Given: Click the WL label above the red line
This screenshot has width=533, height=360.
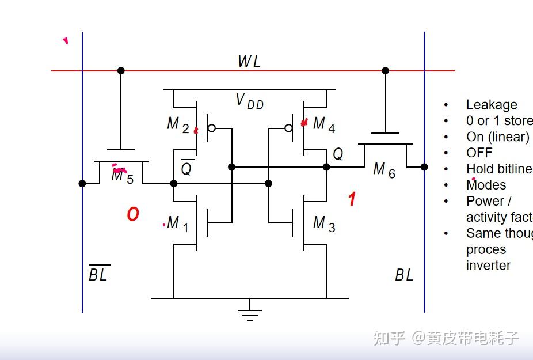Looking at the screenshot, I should [x=249, y=62].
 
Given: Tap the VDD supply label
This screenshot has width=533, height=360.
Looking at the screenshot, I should [x=249, y=101].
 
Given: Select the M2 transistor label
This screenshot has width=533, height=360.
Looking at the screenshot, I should [x=177, y=124].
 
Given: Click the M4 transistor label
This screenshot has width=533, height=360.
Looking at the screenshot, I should [x=323, y=124].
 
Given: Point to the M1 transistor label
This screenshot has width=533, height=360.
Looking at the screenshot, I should [x=177, y=223].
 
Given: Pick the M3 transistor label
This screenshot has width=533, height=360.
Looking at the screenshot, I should [x=323, y=223].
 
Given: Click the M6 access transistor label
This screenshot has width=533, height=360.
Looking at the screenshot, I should [x=384, y=170].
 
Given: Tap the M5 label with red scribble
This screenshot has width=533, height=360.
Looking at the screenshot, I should [x=122, y=175].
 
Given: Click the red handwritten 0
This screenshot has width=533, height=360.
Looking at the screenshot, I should [x=133, y=215].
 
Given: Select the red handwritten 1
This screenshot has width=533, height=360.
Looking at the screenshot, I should [x=352, y=200].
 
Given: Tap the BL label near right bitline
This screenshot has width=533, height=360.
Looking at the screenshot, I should [x=404, y=275].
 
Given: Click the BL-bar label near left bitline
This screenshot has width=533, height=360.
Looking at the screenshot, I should [x=98, y=274].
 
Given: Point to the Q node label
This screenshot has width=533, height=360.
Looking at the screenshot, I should [x=338, y=154].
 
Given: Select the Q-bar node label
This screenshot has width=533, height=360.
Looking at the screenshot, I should [x=186, y=169].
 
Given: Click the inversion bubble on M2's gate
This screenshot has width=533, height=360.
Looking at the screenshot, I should [x=211, y=128].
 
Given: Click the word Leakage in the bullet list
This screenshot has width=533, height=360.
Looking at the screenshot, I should [x=491, y=105].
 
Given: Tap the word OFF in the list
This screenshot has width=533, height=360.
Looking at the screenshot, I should [x=479, y=153].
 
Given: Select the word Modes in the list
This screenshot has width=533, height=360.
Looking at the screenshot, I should [x=486, y=185].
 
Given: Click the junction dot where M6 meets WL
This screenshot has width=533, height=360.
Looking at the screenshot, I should [x=385, y=71].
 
